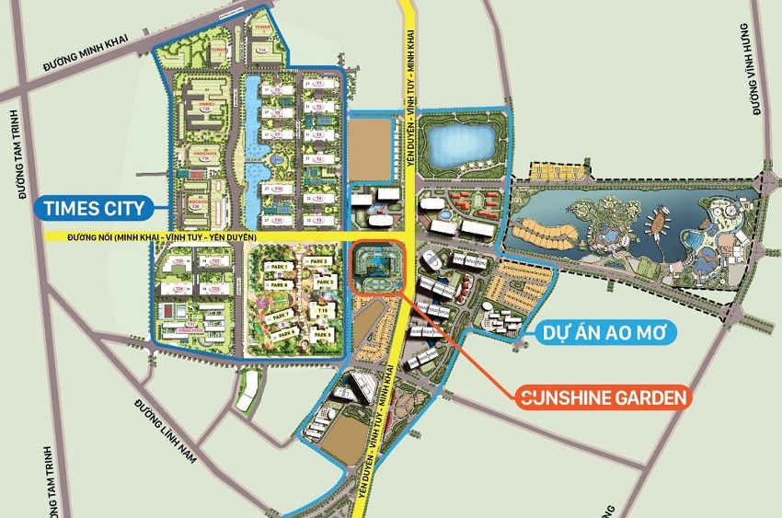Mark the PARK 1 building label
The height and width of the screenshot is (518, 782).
(x=281, y=267)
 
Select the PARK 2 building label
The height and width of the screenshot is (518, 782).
(x=319, y=262)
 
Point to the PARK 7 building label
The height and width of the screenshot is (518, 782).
(x=281, y=316)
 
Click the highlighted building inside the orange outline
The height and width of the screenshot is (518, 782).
(x=377, y=267)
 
